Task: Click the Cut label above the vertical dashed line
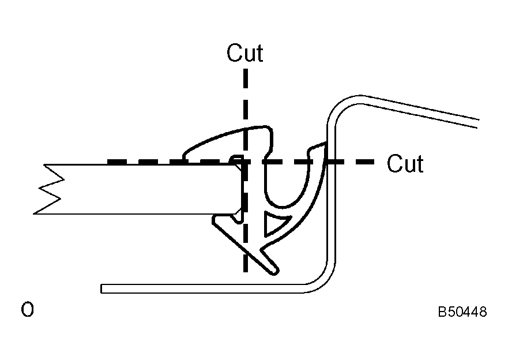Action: coord(245,53)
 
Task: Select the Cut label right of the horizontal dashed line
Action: coord(405,164)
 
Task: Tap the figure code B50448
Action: coord(462,312)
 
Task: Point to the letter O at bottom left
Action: coord(28,309)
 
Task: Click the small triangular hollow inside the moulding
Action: coord(274,224)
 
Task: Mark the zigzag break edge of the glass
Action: coord(50,189)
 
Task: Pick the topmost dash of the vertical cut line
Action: coord(246,78)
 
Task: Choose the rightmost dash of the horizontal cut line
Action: coord(365,162)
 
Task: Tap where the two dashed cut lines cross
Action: coord(246,162)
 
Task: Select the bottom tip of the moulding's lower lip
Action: coord(274,272)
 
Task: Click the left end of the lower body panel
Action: coord(101,288)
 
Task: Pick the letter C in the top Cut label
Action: coord(234,53)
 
